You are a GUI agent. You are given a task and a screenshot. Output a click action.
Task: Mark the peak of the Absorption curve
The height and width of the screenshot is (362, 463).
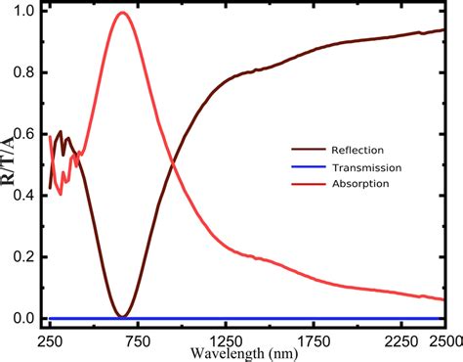(121, 13)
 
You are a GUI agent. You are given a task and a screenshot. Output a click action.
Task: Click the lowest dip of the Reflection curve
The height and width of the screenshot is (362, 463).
(121, 316)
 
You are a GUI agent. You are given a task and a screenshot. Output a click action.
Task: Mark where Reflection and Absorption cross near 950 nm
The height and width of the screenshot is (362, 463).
(173, 164)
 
